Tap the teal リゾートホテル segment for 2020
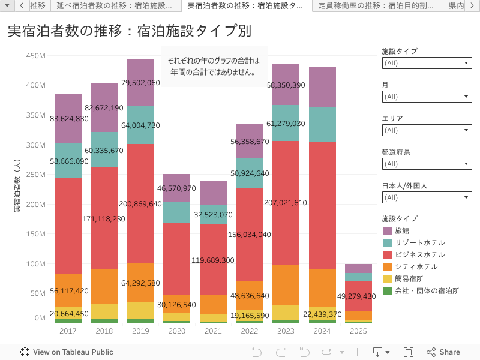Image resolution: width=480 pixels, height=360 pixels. pos(177,212)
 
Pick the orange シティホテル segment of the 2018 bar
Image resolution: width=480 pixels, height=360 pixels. pos(104,287)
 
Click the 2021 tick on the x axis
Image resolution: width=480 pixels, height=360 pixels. pos(213,331)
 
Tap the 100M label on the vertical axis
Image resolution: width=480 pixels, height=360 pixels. pos(36,264)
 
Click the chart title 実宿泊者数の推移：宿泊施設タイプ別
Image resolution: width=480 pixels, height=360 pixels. pos(129,31)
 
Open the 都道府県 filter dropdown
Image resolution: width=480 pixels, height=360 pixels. pos(427,164)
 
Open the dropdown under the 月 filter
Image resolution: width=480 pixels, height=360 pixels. pos(427,97)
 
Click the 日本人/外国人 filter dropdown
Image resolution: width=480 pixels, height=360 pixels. pos(427,197)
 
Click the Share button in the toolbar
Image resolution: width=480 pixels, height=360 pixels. pos(443,352)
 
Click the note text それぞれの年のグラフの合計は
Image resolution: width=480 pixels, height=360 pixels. pos(214,60)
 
